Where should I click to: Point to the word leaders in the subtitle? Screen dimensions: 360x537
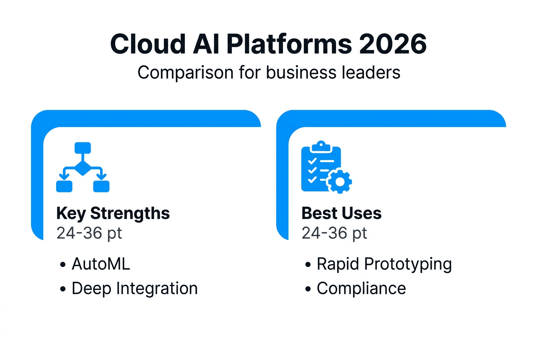click(371, 73)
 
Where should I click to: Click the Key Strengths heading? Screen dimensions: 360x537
click(113, 213)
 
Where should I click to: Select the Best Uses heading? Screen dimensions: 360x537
click(342, 213)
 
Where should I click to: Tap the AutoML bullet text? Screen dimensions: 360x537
click(101, 264)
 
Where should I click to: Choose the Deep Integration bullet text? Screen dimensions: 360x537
click(135, 289)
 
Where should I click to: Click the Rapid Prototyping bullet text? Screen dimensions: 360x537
click(384, 264)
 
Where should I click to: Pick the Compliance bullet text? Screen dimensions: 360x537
click(361, 289)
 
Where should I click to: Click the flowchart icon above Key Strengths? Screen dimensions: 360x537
click(83, 167)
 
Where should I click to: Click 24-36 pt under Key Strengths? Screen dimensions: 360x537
click(89, 233)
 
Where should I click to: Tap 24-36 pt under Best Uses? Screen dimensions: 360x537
click(334, 233)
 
